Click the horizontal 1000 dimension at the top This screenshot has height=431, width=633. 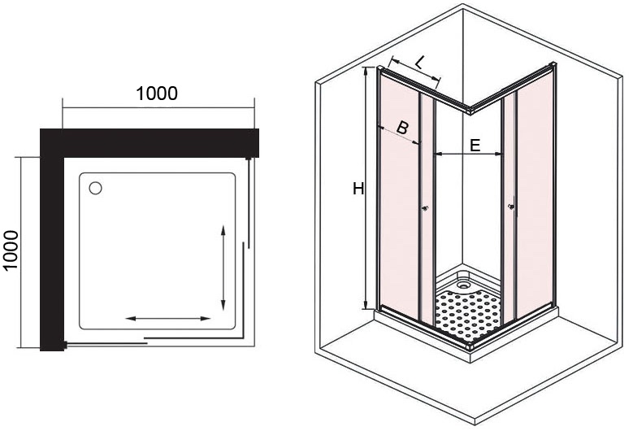pyautogui.click(x=157, y=94)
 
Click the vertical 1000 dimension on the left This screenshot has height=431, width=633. pyautogui.click(x=11, y=252)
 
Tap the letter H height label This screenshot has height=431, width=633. pyautogui.click(x=358, y=189)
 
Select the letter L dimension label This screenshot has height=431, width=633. pyautogui.click(x=418, y=61)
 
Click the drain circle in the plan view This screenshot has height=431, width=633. pyautogui.click(x=96, y=189)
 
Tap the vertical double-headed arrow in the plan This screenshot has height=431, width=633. pyautogui.click(x=223, y=267)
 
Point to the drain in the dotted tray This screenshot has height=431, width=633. pyautogui.click(x=464, y=285)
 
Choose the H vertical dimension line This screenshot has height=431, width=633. pyautogui.click(x=366, y=189)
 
